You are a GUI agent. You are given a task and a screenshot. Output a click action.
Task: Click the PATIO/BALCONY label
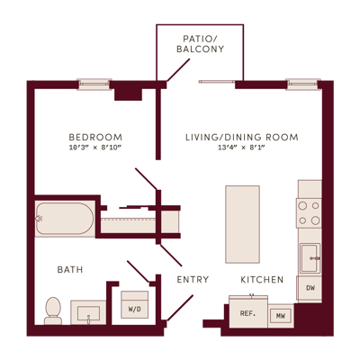(200, 44)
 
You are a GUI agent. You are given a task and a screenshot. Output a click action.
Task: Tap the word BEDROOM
(95, 138)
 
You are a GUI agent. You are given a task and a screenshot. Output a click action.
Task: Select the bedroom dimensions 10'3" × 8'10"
(95, 148)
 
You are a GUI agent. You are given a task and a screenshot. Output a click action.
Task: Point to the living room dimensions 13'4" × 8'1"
(242, 148)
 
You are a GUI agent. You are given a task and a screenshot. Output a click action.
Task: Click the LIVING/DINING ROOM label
(242, 138)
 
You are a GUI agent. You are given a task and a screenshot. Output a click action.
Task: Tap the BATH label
(70, 269)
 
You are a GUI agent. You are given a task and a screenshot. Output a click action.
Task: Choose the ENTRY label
(193, 280)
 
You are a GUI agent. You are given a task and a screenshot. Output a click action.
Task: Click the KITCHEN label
(262, 280)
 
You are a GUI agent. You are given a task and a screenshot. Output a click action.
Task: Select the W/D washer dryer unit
(135, 304)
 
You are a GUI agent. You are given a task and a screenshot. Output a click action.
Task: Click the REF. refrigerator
(248, 312)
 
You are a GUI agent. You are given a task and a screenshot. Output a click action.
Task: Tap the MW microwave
(281, 316)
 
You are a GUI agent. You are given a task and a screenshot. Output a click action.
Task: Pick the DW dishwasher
(310, 288)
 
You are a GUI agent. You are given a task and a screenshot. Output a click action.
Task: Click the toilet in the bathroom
(53, 310)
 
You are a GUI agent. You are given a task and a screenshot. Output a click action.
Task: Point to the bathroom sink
(88, 312)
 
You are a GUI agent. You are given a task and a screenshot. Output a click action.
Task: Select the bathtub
(65, 219)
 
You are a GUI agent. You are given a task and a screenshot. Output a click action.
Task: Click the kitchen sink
(310, 258)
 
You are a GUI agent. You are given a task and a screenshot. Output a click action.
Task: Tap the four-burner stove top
(309, 213)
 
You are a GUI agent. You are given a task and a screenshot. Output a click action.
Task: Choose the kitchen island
(242, 224)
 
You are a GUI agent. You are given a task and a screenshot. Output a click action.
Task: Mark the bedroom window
(94, 85)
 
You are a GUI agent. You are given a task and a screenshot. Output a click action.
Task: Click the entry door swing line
(180, 308)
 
